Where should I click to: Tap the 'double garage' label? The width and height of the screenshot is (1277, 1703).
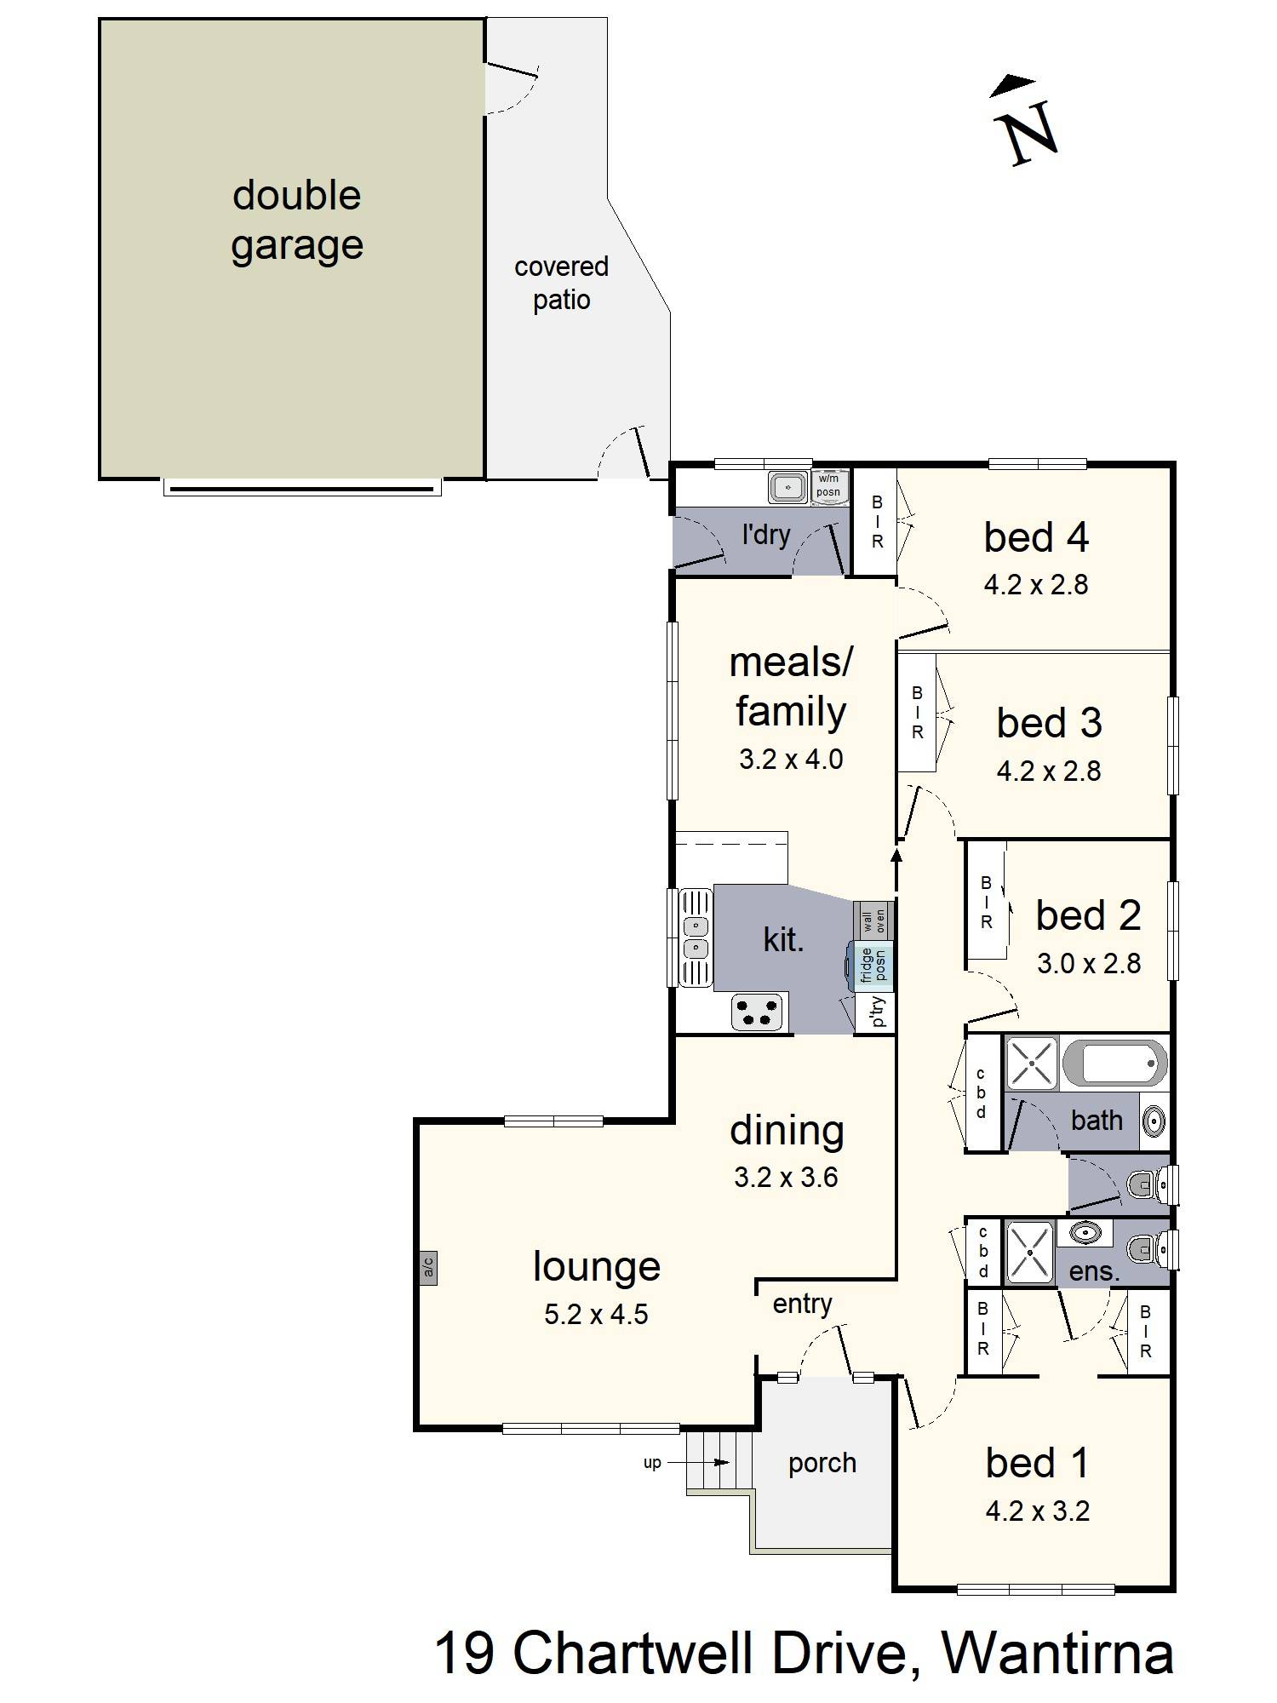click(x=297, y=220)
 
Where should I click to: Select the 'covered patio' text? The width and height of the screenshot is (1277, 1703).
click(x=562, y=283)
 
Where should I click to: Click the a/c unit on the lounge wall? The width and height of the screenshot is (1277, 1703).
click(x=428, y=1269)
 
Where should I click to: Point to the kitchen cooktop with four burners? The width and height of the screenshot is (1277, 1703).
click(x=756, y=1013)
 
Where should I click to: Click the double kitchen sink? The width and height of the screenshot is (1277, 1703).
click(x=696, y=937)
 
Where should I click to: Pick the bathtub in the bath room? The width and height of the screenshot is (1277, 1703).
click(x=1114, y=1063)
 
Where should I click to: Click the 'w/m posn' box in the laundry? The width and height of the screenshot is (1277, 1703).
click(x=828, y=486)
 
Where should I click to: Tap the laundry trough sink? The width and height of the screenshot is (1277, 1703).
click(x=789, y=488)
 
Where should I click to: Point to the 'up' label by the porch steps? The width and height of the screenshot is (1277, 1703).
click(x=652, y=1463)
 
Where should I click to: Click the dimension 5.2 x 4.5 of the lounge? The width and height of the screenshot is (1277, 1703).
click(x=596, y=1314)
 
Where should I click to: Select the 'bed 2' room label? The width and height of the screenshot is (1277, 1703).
click(x=1088, y=915)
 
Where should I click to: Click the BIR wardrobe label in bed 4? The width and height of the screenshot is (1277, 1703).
click(x=877, y=522)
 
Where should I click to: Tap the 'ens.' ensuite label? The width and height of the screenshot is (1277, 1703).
click(x=1094, y=1272)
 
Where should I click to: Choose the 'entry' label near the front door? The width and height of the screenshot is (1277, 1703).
click(x=802, y=1304)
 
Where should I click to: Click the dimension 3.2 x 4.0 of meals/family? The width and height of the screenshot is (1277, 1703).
click(x=791, y=759)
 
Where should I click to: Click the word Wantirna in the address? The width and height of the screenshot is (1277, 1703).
click(x=1058, y=1653)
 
